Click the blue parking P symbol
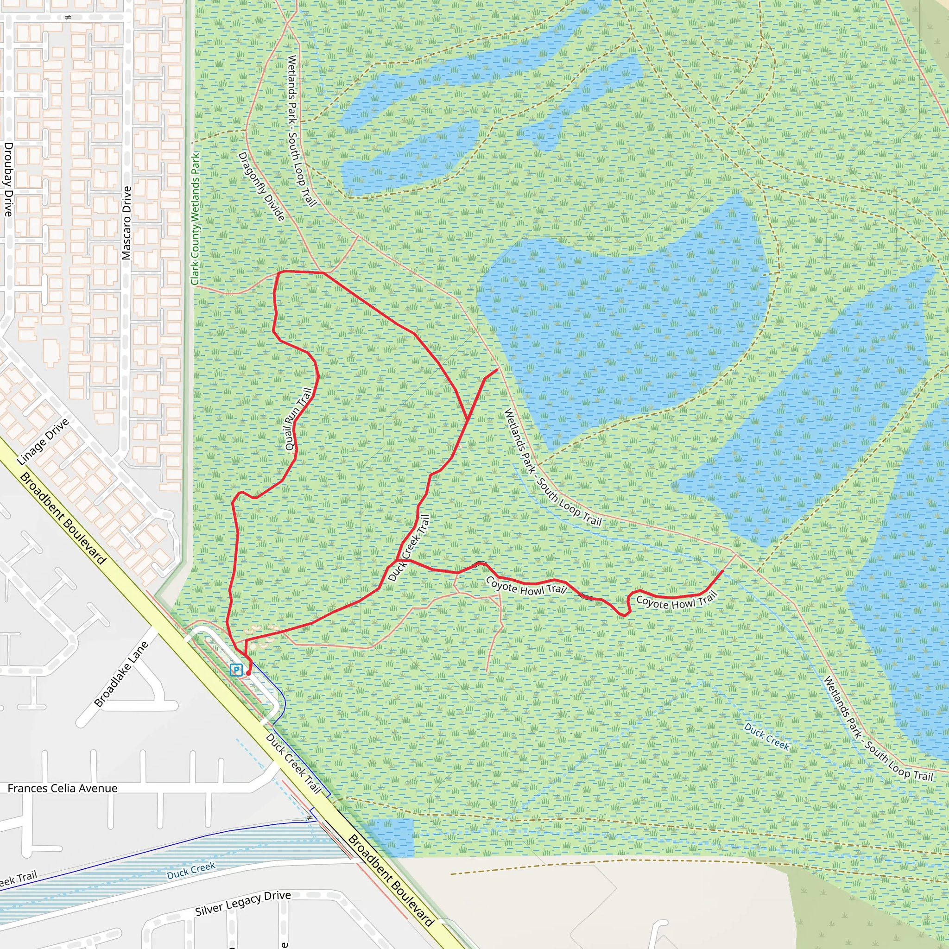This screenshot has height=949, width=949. click(236, 670)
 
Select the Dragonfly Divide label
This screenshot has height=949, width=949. click(261, 186)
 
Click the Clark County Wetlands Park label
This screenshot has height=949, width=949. click(196, 219)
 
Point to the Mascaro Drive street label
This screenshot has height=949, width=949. click(127, 223)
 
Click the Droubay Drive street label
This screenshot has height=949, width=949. click(8, 179)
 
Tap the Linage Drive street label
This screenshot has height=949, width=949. click(43, 442)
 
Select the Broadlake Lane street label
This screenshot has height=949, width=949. click(121, 674)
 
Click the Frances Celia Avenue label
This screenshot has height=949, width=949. click(63, 788)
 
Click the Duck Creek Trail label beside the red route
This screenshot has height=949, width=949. click(409, 548)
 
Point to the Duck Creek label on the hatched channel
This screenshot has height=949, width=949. click(191, 870)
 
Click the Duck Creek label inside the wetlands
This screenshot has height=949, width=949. click(766, 737)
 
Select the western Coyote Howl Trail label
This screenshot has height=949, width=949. click(526, 586)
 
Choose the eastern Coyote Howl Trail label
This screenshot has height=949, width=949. click(677, 601)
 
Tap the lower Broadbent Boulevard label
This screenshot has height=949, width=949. click(391, 880)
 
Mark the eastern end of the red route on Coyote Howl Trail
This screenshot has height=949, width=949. click(721, 571)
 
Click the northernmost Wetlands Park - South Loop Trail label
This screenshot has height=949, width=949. click(301, 131)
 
